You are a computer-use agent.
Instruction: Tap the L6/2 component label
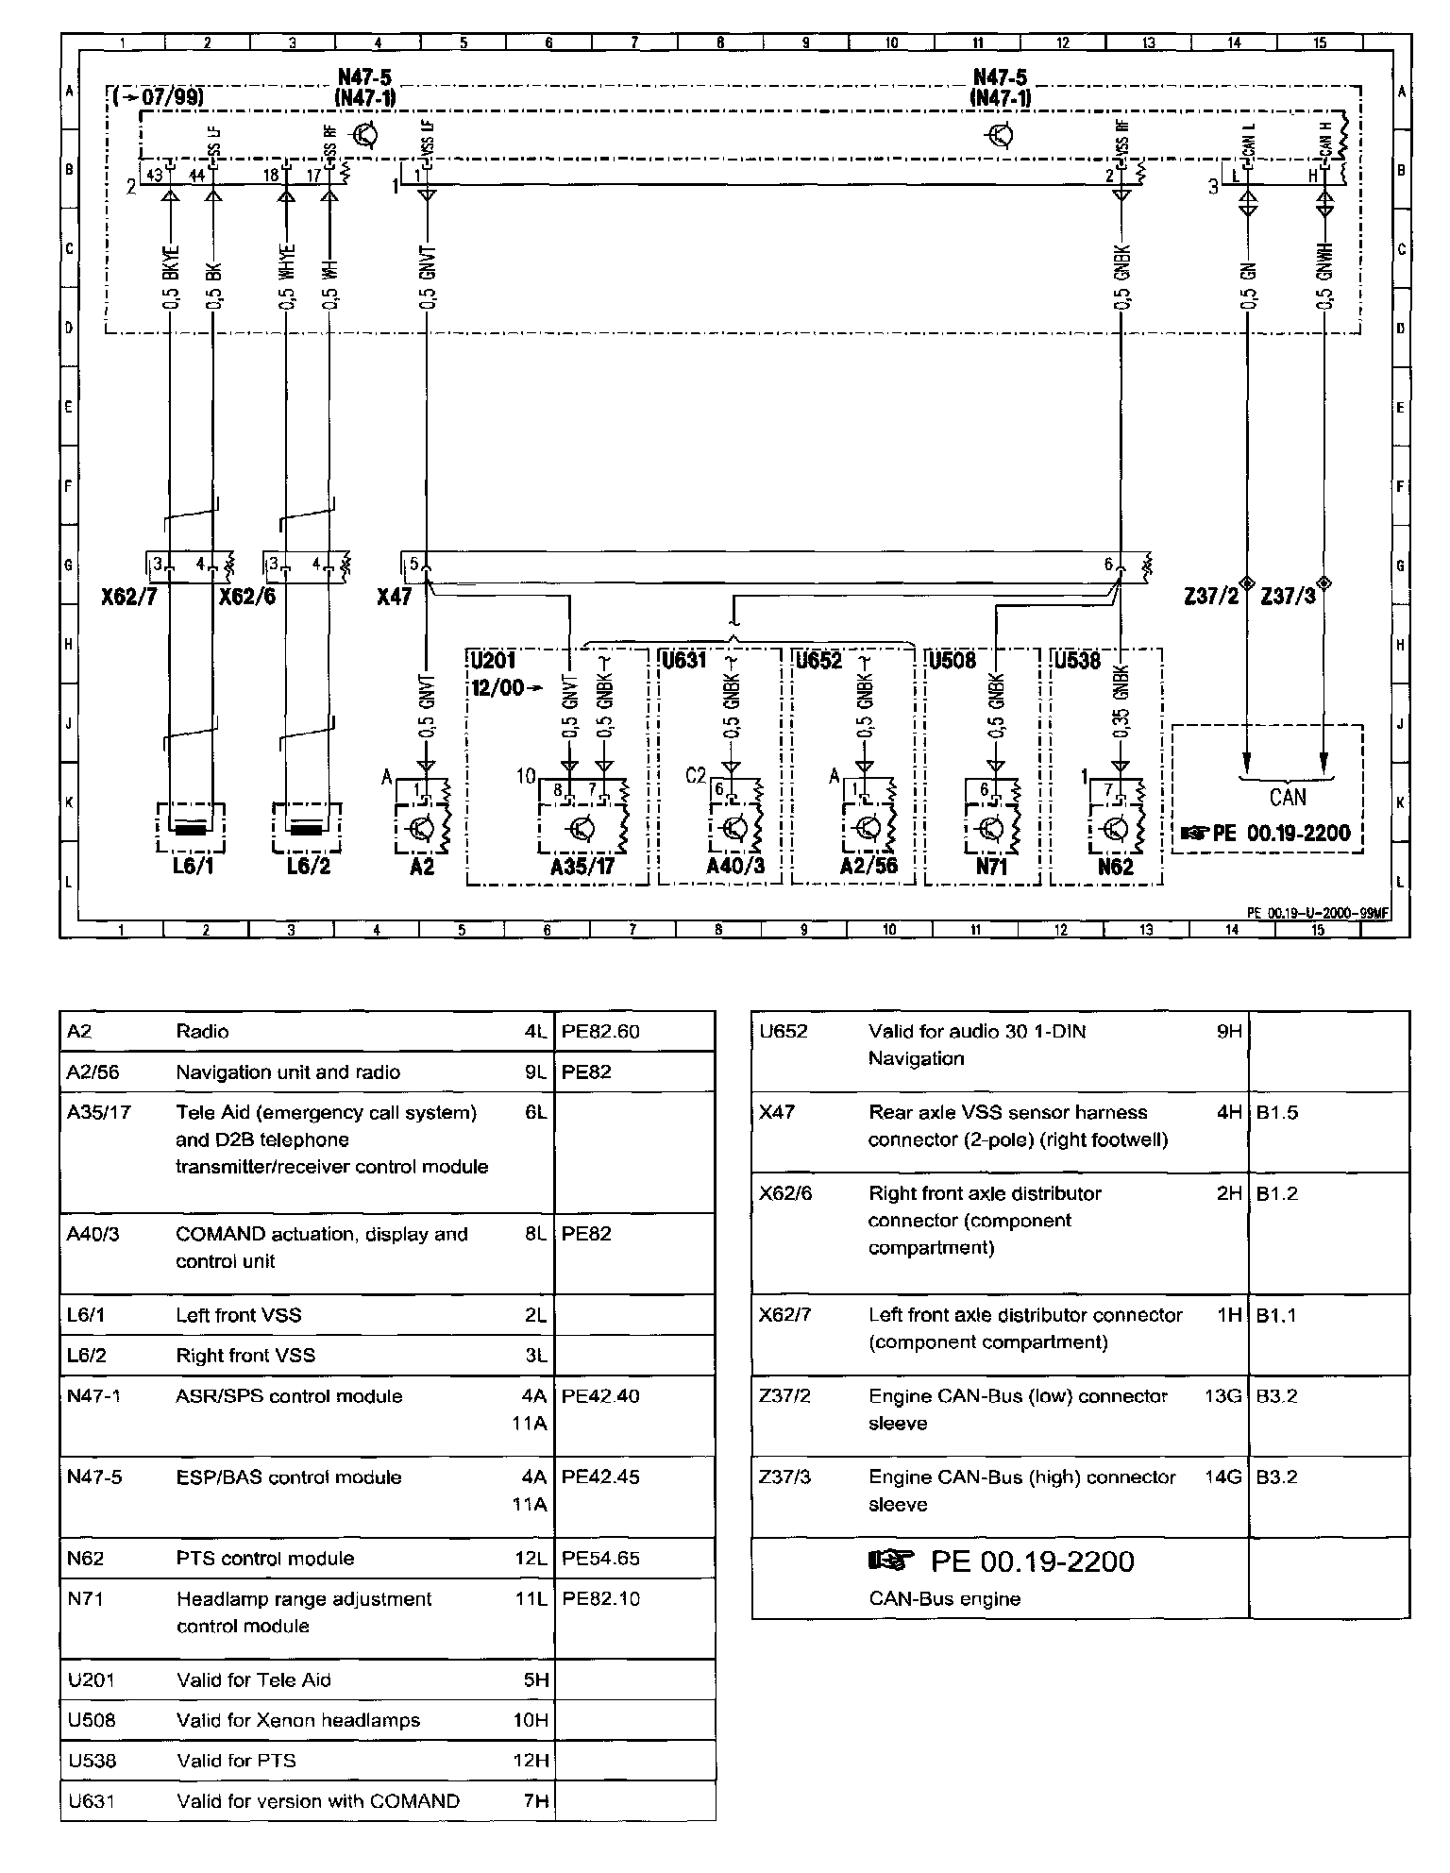click(x=309, y=866)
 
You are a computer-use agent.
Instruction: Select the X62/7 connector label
click(x=130, y=597)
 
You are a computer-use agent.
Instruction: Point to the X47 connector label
click(x=394, y=597)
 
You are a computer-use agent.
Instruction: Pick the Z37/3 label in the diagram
click(x=1288, y=597)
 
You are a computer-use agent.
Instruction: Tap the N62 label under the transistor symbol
click(x=1116, y=866)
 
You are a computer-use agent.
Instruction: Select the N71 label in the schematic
click(x=991, y=866)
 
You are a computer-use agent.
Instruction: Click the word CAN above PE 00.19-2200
click(x=1287, y=798)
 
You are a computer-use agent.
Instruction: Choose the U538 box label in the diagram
click(x=1078, y=660)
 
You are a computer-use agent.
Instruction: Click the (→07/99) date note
click(x=159, y=96)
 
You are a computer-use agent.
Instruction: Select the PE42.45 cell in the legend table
click(x=600, y=1476)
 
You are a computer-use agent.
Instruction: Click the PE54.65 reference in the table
click(x=600, y=1558)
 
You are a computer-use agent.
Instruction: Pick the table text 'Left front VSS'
click(x=239, y=1315)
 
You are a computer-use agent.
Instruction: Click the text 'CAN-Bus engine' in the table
click(x=944, y=1598)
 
